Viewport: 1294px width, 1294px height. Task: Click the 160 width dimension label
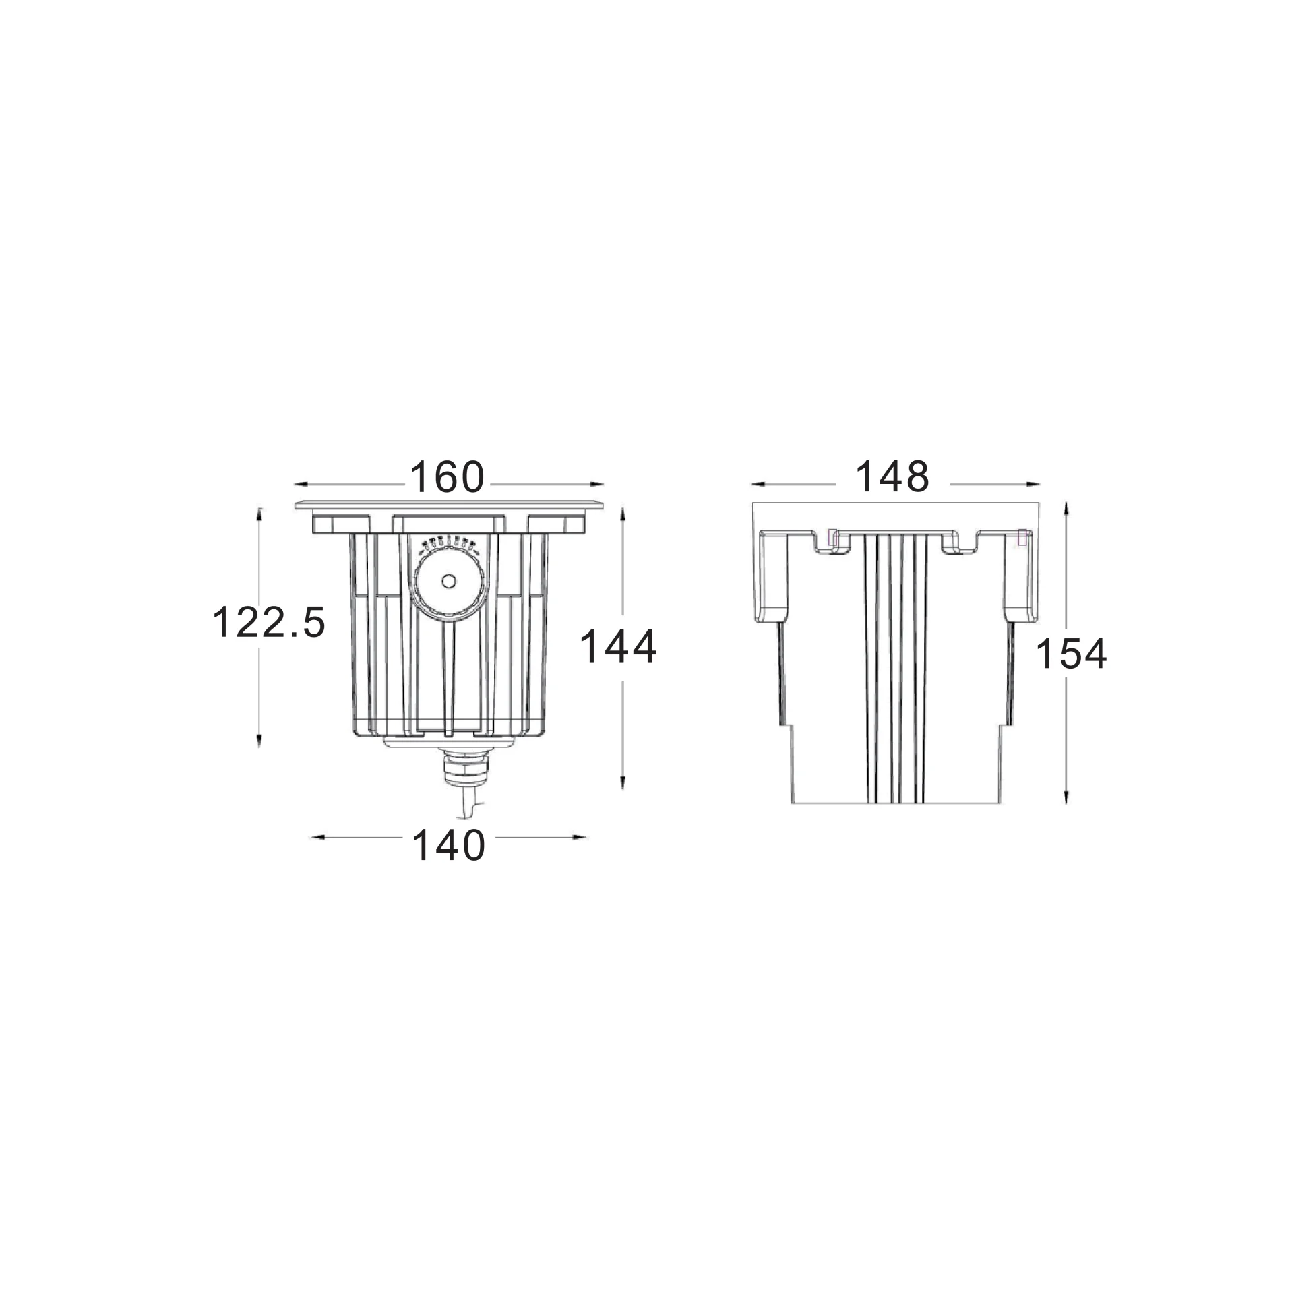coord(448,477)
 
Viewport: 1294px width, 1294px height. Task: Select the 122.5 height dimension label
coord(269,621)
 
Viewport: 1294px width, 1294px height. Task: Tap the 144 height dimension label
coord(618,646)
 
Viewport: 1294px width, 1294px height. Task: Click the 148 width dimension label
coord(892,476)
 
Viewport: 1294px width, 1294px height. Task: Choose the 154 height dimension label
coord(1071,654)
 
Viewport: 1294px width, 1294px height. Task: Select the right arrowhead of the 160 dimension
coord(596,484)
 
